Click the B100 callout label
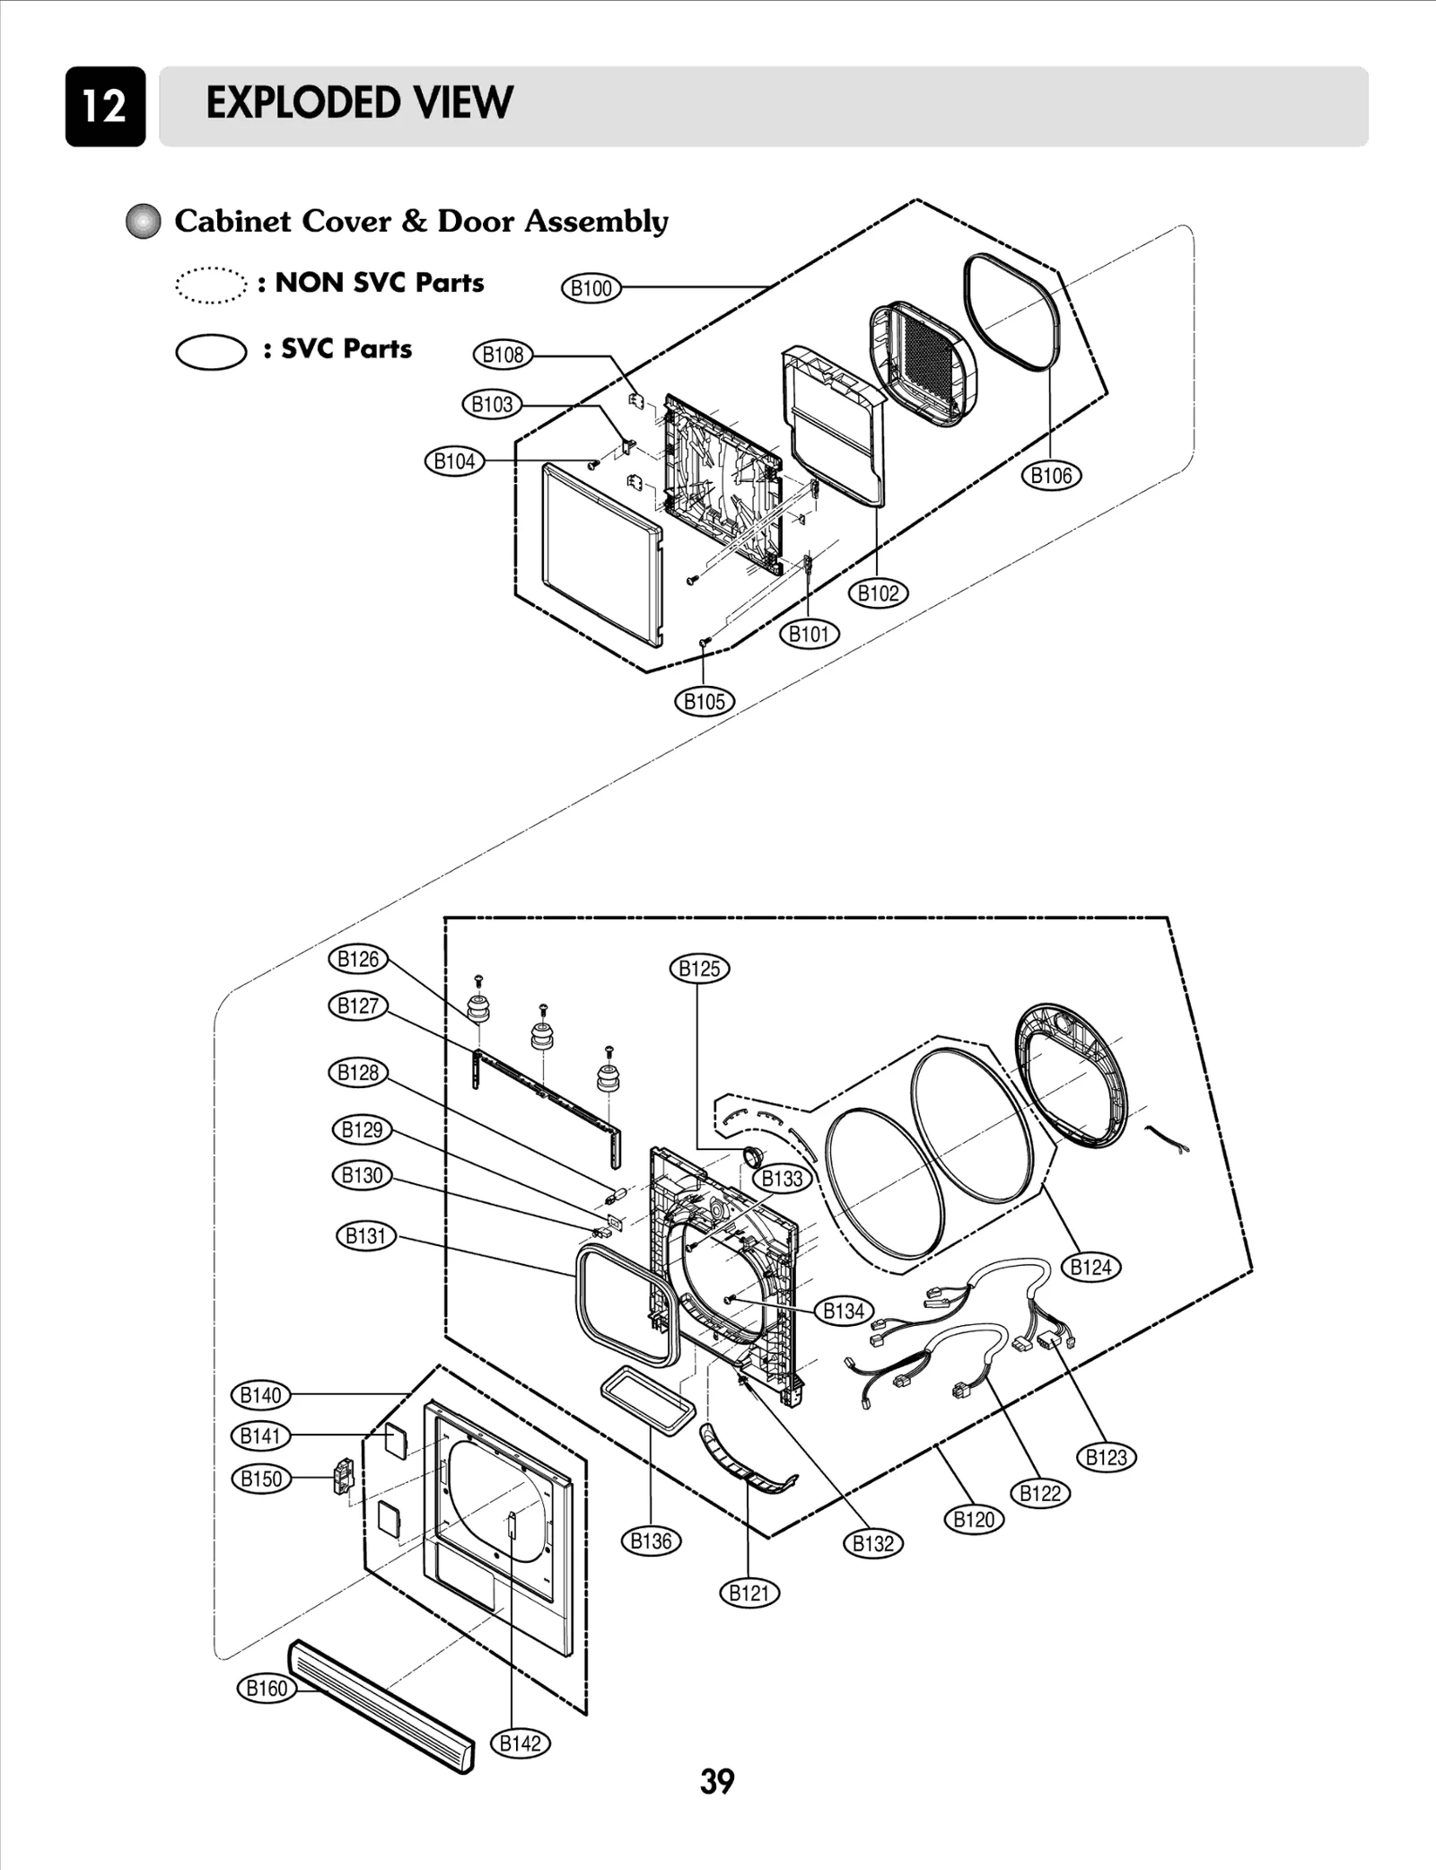tap(591, 288)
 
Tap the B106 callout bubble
tap(1051, 475)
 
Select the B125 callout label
tap(699, 969)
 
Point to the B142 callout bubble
tap(520, 1743)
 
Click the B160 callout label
tap(267, 1688)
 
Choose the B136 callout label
tap(651, 1541)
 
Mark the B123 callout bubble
tap(1106, 1457)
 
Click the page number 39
tap(717, 1781)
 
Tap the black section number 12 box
tap(105, 106)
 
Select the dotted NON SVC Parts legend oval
tap(210, 285)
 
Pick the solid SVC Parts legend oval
tap(210, 351)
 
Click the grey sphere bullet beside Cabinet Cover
tap(143, 222)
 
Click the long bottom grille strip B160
tap(381, 1706)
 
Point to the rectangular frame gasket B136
tap(648, 1403)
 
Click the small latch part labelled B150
tap(343, 1477)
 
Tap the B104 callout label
tap(454, 461)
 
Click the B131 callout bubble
tap(365, 1236)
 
